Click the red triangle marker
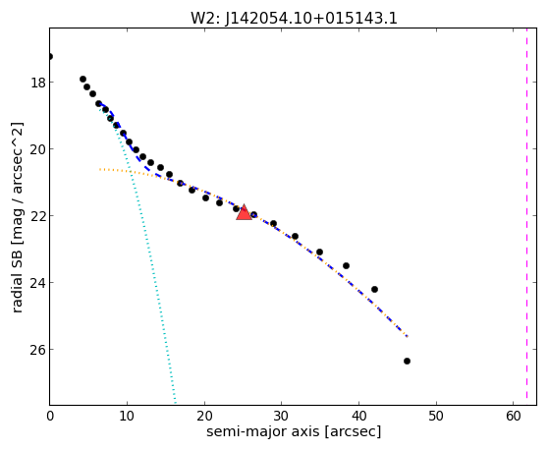tap(244, 212)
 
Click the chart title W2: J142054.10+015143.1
tap(294, 18)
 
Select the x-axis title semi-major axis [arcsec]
tap(294, 431)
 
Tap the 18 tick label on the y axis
tap(36, 83)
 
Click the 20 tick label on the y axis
tap(36, 149)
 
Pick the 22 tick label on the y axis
tap(36, 216)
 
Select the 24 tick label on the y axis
tap(36, 283)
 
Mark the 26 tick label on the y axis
tap(36, 350)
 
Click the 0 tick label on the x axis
tap(50, 416)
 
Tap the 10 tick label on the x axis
tap(127, 416)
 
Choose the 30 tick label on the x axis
tap(281, 416)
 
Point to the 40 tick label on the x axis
tap(358, 416)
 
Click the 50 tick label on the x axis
tap(436, 416)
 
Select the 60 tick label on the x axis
tap(513, 416)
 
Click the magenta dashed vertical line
tap(526, 216)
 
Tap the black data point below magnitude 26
tap(407, 361)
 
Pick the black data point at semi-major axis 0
tap(50, 56)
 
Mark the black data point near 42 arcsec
tap(374, 289)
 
